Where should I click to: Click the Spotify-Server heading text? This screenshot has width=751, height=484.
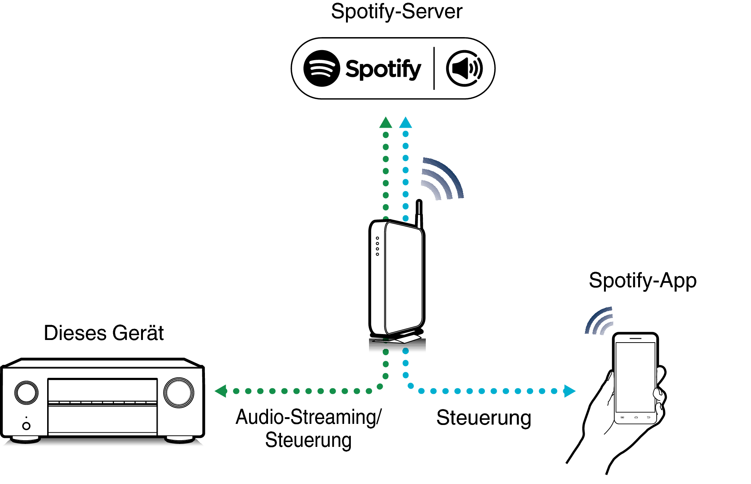point(396,12)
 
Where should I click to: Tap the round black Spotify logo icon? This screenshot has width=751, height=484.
point(321,69)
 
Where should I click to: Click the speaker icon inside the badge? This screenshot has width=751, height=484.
point(464,69)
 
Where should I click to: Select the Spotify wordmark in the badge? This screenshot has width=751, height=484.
point(383,69)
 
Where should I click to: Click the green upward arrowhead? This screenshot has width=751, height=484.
point(386,123)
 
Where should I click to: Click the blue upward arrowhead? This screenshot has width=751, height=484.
point(405,123)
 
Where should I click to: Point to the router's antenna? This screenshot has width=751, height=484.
point(419,213)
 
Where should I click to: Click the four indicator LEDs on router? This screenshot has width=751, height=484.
point(378,246)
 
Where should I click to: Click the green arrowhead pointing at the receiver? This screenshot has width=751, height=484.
point(221,391)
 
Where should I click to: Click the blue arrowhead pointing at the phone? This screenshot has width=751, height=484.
point(569,391)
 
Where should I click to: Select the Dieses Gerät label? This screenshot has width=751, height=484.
point(104,333)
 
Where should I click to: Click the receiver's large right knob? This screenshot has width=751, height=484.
point(179,392)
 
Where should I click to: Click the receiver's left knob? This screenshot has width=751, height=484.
point(26,392)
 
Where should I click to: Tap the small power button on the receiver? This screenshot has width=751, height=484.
point(26,426)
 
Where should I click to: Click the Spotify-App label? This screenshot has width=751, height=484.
point(642,281)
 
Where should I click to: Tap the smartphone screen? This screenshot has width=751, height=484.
point(635,376)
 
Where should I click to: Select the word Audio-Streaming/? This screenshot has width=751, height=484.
point(308,417)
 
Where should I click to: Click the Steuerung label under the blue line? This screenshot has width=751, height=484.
point(483,418)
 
